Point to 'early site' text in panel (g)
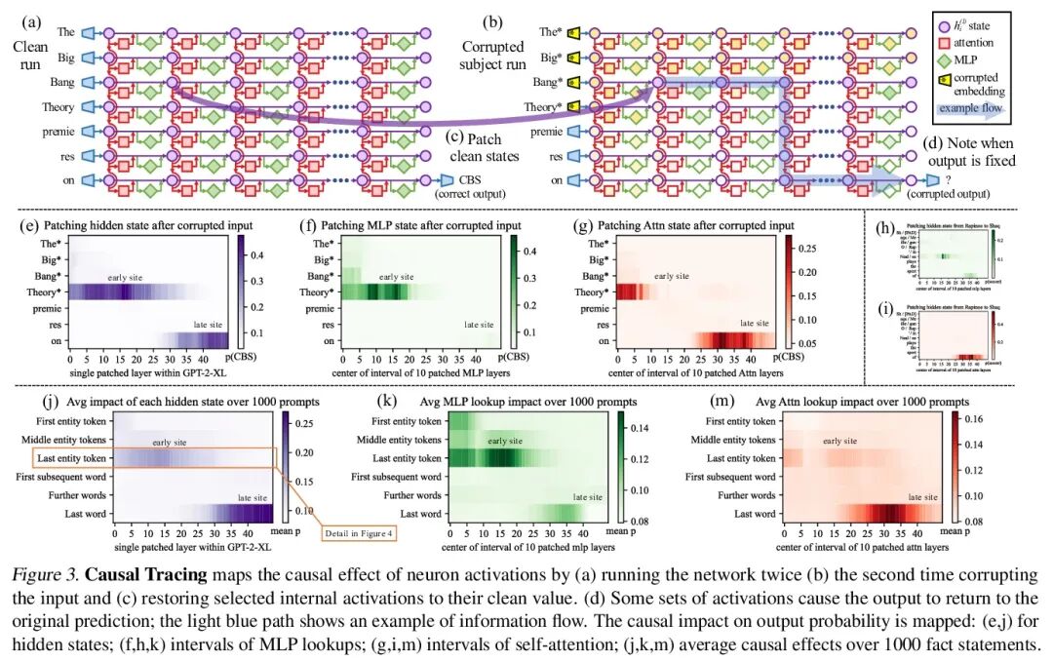pos(672,277)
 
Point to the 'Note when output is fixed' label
pos(974,152)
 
